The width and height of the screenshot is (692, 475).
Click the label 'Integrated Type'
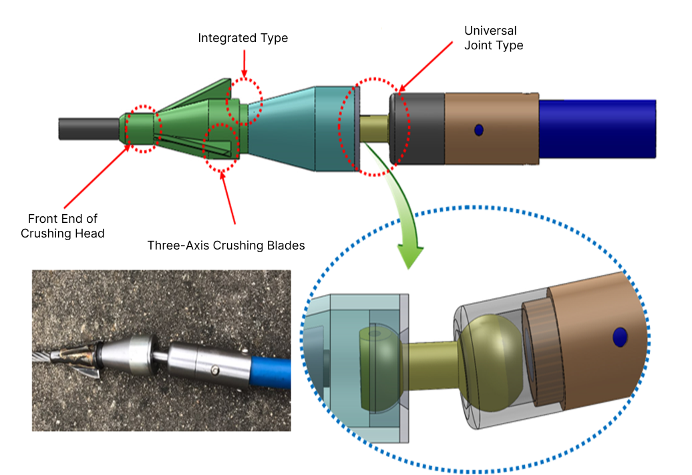(x=242, y=38)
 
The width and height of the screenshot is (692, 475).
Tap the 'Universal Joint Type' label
(x=494, y=38)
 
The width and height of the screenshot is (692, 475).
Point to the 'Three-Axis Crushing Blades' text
(x=226, y=246)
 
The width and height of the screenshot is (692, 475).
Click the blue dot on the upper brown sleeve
(x=479, y=130)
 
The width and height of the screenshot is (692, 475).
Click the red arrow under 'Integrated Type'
(x=244, y=64)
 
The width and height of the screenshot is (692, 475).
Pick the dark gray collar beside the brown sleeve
(x=421, y=129)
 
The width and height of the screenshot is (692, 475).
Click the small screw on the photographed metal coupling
(x=215, y=370)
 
